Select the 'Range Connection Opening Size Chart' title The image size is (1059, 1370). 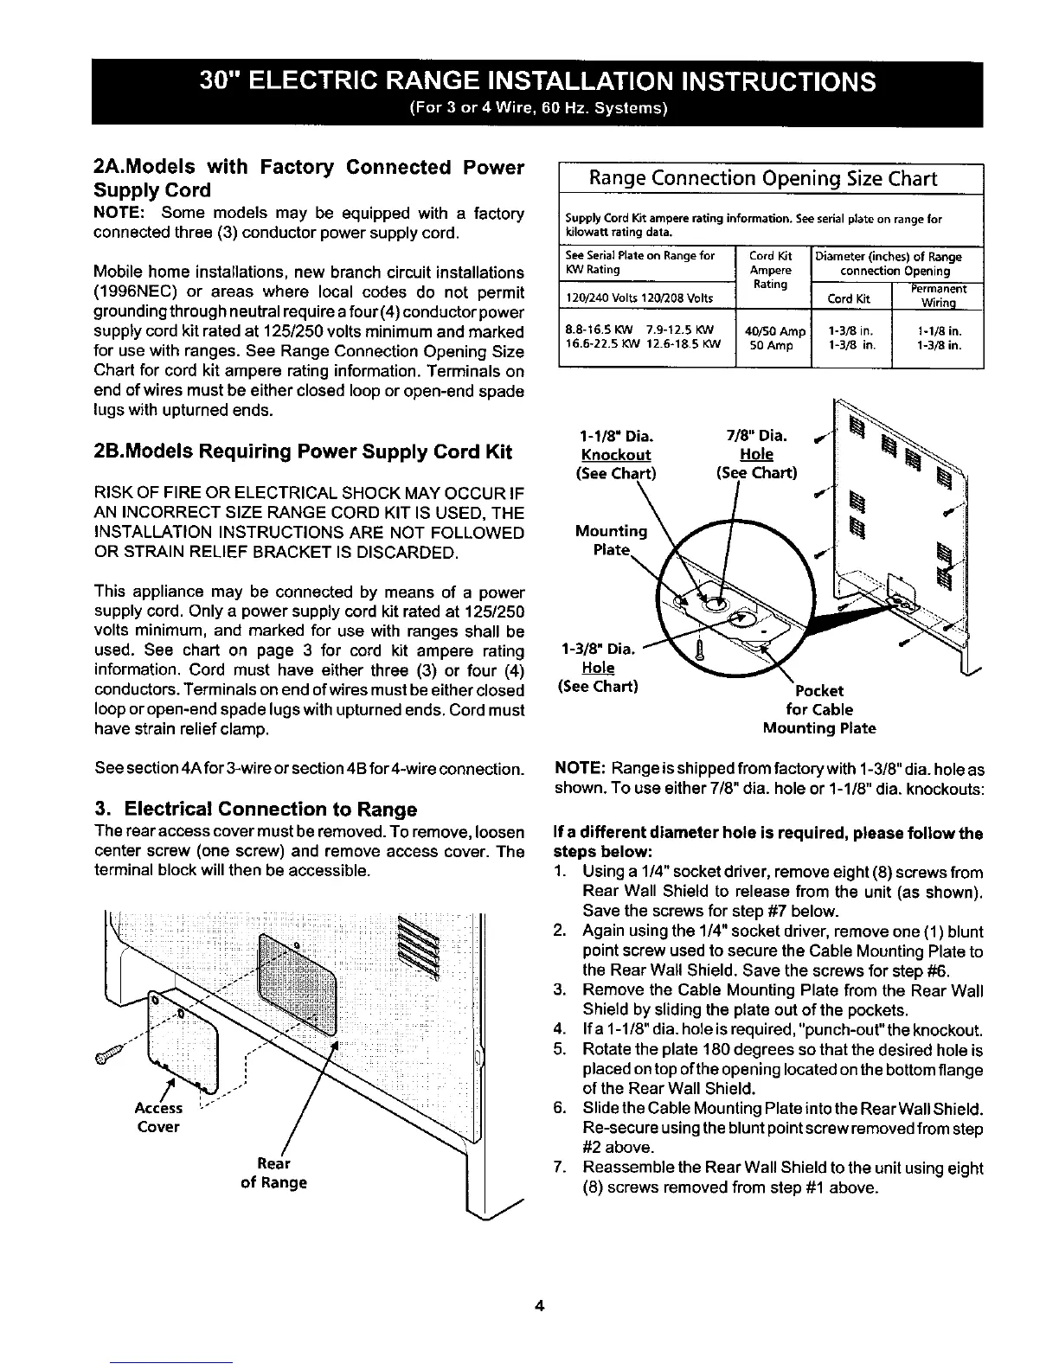pyautogui.click(x=763, y=178)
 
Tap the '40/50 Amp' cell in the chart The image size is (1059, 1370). pyautogui.click(x=774, y=331)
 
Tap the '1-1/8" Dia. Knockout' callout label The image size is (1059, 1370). pyautogui.click(x=615, y=454)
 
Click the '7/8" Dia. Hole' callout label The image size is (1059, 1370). pyautogui.click(x=757, y=454)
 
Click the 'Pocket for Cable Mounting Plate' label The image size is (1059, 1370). pyautogui.click(x=819, y=709)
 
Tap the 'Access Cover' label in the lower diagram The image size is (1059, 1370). pyautogui.click(x=157, y=1117)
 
